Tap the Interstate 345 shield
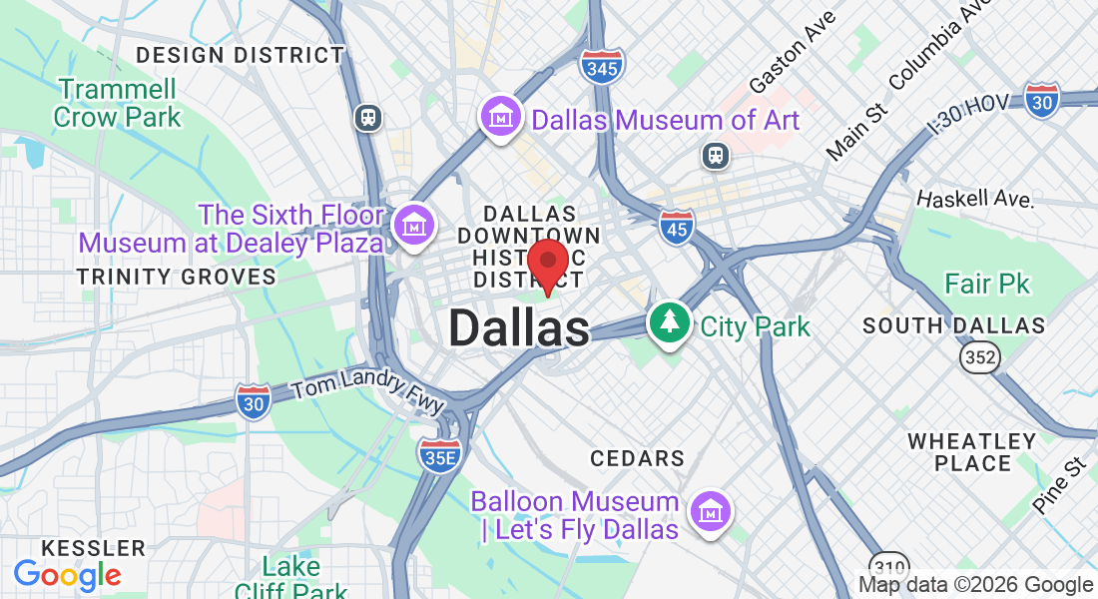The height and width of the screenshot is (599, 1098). coord(603,66)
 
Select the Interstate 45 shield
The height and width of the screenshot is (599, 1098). coord(676,228)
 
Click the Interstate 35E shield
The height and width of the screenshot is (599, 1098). coord(439,454)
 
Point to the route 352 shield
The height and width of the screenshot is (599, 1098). coord(979,357)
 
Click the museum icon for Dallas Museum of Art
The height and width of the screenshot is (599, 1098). coord(499,117)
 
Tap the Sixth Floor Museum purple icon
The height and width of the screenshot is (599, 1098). coord(412,226)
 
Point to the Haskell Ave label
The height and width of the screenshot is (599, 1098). coord(974,198)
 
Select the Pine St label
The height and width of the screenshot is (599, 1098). coord(1059,485)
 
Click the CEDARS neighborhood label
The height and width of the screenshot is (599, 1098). coord(637,458)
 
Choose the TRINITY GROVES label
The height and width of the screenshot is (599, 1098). coord(177,277)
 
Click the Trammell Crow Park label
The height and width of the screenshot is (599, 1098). coord(118,103)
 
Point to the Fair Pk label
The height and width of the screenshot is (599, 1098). coord(986,285)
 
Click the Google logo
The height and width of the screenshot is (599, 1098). coord(67,575)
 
